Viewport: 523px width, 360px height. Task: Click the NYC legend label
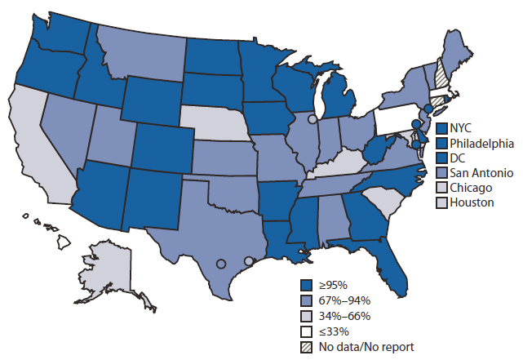[x=462, y=128]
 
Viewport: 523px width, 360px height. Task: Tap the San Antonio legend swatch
[x=441, y=173]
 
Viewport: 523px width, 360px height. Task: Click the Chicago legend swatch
[x=441, y=188]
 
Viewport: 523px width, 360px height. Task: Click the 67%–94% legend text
[x=343, y=300]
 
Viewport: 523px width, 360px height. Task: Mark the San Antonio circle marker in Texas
[x=220, y=264]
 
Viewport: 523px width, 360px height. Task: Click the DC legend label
[x=457, y=158]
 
